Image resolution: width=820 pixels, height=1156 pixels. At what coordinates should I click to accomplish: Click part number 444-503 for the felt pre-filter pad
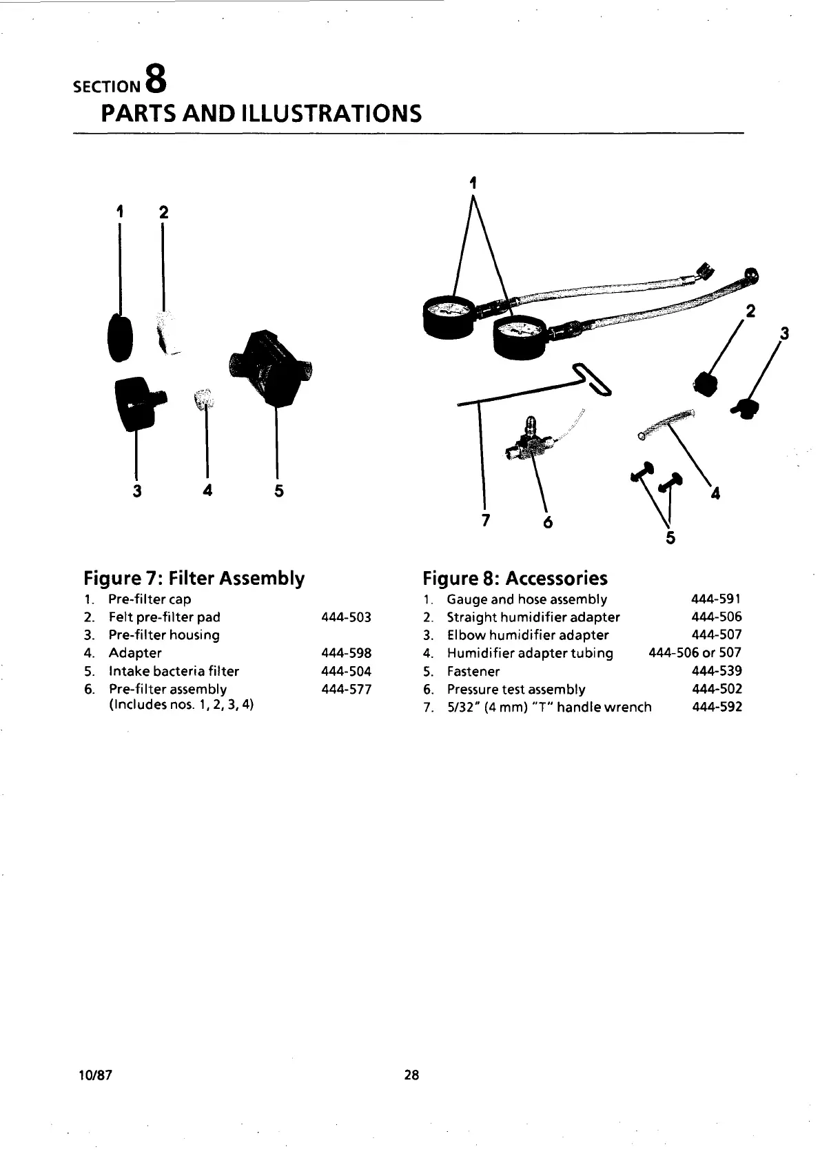(x=346, y=617)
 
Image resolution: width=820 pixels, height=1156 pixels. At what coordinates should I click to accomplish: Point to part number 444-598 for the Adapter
(x=346, y=653)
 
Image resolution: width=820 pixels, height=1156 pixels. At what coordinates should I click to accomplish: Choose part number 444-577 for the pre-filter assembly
(x=346, y=689)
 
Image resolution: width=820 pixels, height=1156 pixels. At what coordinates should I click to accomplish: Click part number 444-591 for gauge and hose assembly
(x=717, y=599)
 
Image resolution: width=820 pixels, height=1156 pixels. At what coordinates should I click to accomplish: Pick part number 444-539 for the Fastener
(x=717, y=671)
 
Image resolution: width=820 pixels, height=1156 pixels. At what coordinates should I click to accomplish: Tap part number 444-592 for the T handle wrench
(x=717, y=707)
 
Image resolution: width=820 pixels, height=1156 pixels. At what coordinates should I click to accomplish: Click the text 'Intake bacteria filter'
(x=174, y=671)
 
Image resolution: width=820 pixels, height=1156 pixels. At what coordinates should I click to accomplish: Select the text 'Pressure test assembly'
(x=516, y=689)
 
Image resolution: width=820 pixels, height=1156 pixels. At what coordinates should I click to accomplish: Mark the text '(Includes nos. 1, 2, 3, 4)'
(x=181, y=705)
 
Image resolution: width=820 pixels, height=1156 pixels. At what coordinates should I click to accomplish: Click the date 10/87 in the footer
(x=96, y=1075)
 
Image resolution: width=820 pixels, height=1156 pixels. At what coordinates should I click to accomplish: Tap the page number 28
(x=411, y=1075)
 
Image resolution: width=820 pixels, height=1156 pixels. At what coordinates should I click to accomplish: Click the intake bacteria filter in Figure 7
(x=269, y=369)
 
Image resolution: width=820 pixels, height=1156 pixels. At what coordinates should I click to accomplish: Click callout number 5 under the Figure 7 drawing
(x=279, y=491)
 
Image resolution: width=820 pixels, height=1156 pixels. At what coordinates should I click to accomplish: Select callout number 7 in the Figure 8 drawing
(x=485, y=519)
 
